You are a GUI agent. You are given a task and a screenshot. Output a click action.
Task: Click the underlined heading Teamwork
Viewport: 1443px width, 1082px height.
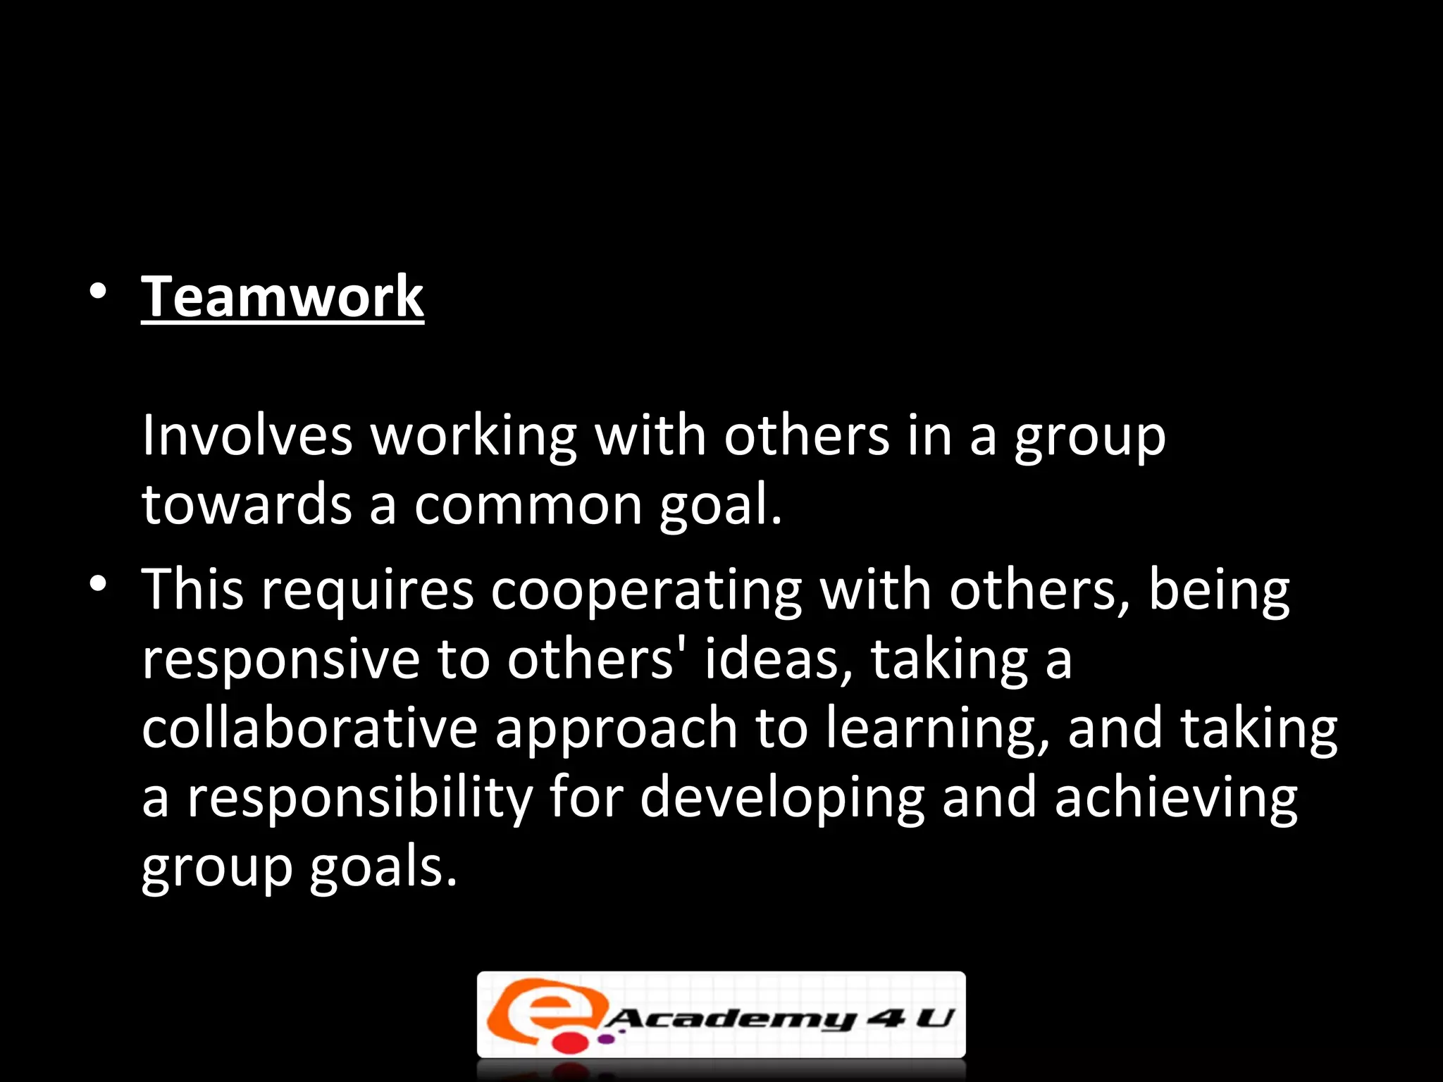coord(283,297)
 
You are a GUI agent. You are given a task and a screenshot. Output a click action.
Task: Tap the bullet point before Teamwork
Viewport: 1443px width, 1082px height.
coord(98,291)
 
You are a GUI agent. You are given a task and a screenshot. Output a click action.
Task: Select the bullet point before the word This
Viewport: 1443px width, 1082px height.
coord(98,584)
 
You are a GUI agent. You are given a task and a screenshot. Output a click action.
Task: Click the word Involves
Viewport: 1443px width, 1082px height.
coord(247,436)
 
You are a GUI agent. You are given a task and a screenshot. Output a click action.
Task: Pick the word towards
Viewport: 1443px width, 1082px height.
coord(247,505)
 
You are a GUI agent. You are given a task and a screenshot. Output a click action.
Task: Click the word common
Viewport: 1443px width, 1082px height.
coord(528,506)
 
